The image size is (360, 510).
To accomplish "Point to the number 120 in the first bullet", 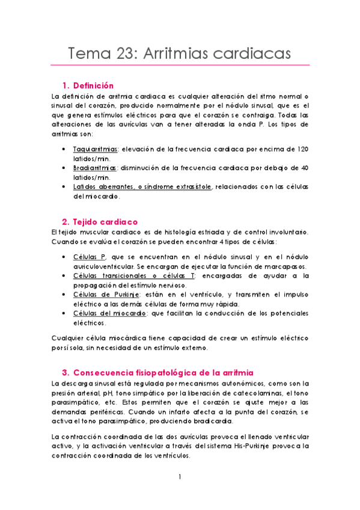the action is tap(302, 148).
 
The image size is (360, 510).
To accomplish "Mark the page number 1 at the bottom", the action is tap(180, 478).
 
